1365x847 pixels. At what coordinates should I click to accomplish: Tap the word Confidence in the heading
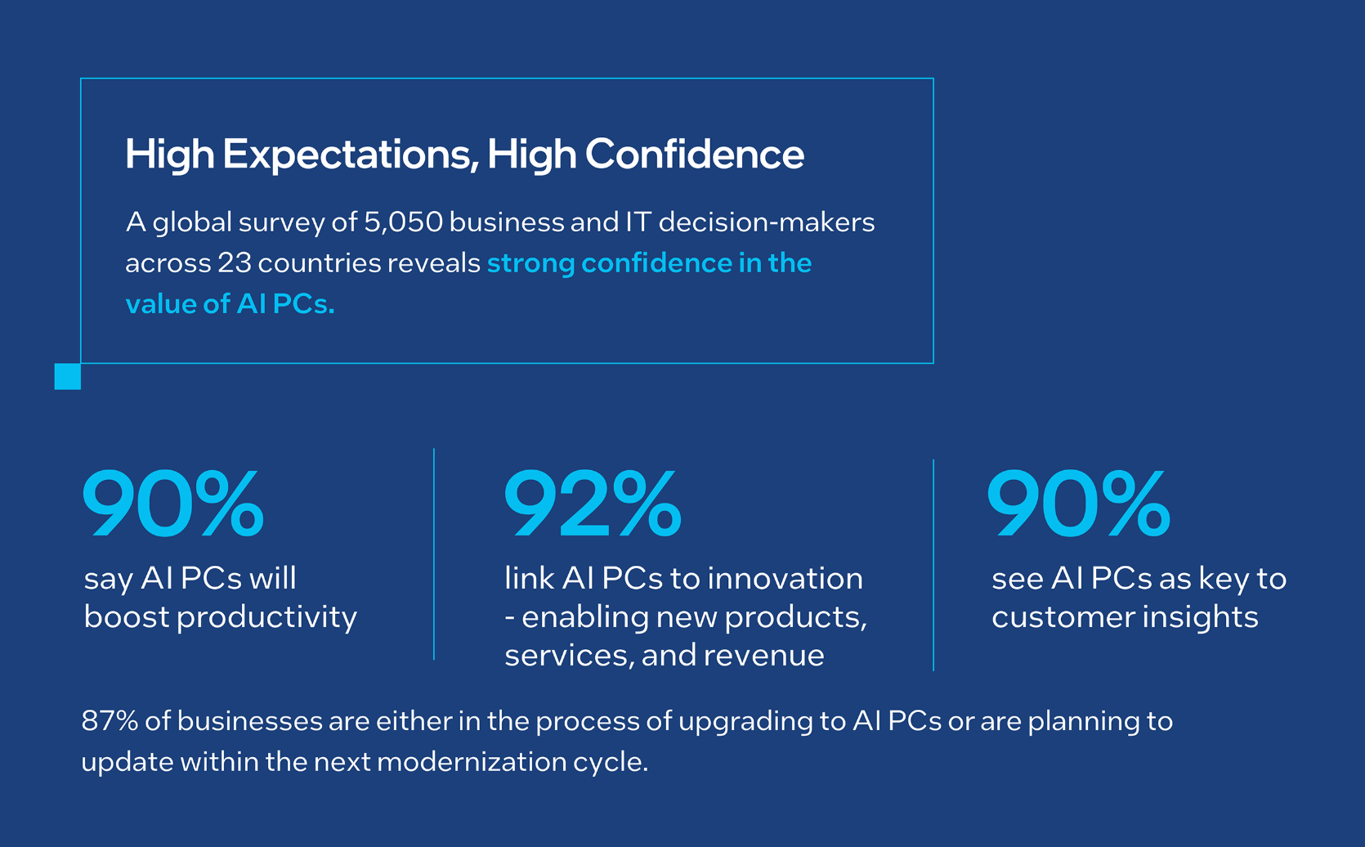click(x=695, y=154)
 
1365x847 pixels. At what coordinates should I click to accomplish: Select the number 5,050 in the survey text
click(x=404, y=222)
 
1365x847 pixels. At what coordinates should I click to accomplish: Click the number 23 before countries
click(x=235, y=263)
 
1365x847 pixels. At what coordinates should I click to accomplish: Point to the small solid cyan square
click(x=68, y=376)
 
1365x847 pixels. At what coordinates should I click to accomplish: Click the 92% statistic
click(x=593, y=504)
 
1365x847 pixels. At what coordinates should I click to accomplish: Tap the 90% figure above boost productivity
click(x=173, y=504)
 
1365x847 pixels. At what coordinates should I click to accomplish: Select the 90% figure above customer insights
click(x=1079, y=504)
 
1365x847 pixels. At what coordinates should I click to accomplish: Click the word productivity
click(x=267, y=618)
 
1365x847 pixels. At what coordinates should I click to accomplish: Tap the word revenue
click(x=764, y=657)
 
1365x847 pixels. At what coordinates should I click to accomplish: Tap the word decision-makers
click(x=767, y=222)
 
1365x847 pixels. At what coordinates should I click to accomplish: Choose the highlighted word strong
click(x=530, y=264)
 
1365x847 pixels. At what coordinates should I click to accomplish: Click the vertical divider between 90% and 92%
click(x=434, y=553)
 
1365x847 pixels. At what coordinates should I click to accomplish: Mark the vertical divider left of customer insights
click(x=933, y=565)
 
